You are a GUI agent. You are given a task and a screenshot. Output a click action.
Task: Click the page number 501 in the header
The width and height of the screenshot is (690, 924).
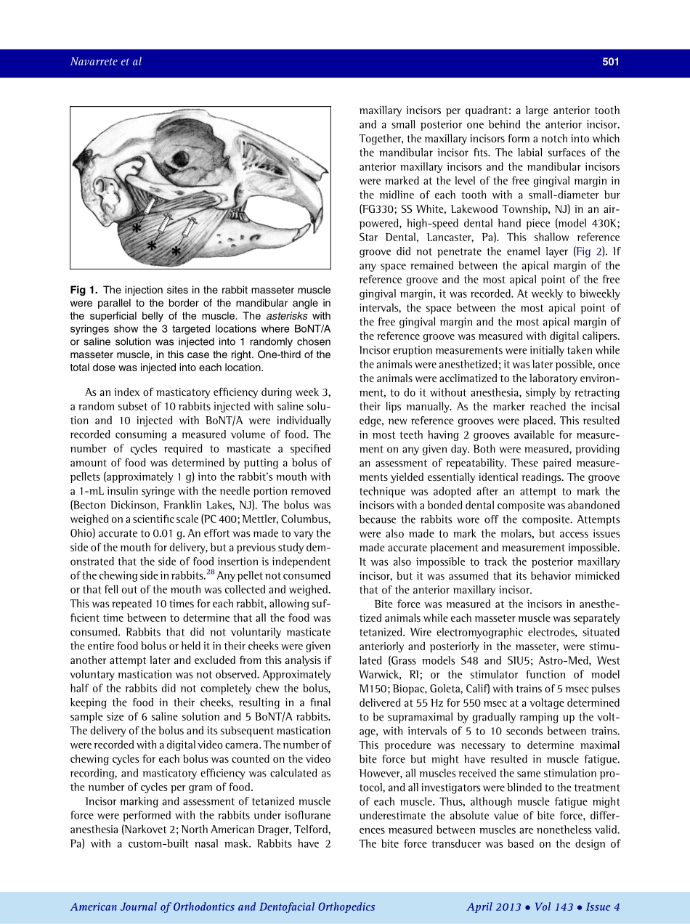(610, 62)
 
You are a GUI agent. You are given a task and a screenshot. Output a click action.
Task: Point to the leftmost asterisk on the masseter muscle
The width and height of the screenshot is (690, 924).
(136, 228)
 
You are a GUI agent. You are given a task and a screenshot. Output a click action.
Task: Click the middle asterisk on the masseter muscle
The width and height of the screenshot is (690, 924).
(152, 246)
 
